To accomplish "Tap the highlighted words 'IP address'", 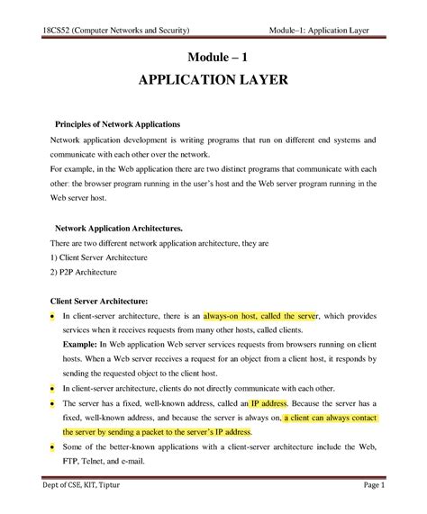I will coord(268,403).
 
